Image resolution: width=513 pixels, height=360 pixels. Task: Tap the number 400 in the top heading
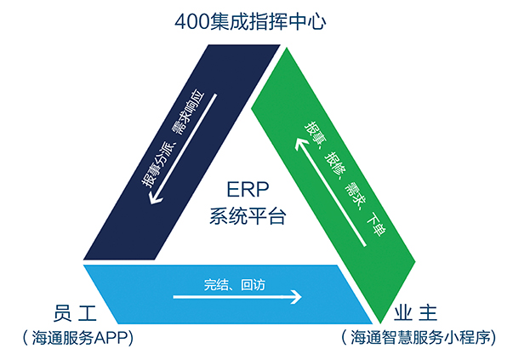pos(191,17)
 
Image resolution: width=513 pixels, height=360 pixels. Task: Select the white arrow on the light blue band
pos(237,298)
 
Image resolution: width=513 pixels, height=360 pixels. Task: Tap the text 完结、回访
pos(235,284)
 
